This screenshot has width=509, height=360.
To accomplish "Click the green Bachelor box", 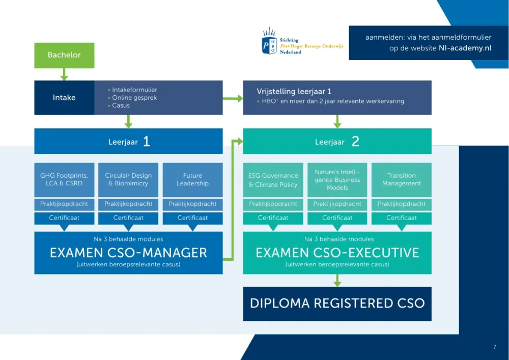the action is [64, 55].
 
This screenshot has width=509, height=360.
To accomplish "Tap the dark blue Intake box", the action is [64, 97].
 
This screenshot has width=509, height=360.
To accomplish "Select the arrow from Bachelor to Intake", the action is [64, 74].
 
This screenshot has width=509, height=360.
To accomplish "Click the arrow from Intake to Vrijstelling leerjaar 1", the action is [233, 98].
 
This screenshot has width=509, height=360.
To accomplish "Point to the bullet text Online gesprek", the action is [134, 97].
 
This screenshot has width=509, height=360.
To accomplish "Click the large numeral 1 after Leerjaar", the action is [147, 141].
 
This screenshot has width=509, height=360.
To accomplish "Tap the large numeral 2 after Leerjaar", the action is [355, 141].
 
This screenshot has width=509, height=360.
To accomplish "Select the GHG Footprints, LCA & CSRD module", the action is [64, 180].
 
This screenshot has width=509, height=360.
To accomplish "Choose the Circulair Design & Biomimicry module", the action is [128, 180].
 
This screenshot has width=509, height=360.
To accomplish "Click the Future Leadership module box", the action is [192, 180].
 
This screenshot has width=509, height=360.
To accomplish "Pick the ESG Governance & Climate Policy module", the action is [273, 180].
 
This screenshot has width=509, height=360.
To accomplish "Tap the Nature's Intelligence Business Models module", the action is [337, 180].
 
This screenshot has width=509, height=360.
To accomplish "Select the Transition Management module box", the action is [402, 180].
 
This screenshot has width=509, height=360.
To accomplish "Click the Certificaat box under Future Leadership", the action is [192, 218].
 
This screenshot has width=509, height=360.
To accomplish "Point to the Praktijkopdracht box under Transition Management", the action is [402, 204].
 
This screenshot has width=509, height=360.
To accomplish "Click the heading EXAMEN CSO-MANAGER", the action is [128, 253].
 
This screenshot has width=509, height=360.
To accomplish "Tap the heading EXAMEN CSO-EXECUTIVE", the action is [337, 253].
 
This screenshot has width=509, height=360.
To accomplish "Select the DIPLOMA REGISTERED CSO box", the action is [337, 304].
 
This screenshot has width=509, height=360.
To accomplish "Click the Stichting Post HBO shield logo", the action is [269, 41].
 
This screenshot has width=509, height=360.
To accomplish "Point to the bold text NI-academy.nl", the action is [465, 48].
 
